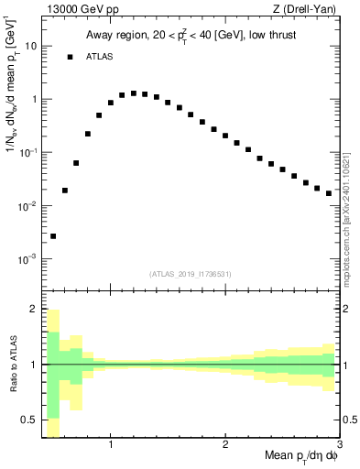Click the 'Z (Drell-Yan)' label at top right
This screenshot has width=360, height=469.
[x=308, y=10]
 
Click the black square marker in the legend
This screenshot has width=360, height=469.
[x=70, y=57]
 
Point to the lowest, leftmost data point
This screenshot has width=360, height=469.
[x=53, y=236]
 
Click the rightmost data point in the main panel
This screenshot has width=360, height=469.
[x=329, y=193]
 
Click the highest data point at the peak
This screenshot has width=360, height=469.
[x=134, y=93]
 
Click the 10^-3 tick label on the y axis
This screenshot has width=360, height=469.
[x=27, y=259]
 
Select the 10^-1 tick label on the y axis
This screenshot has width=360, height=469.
[x=27, y=152]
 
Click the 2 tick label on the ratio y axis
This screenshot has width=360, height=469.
[x=34, y=309]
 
